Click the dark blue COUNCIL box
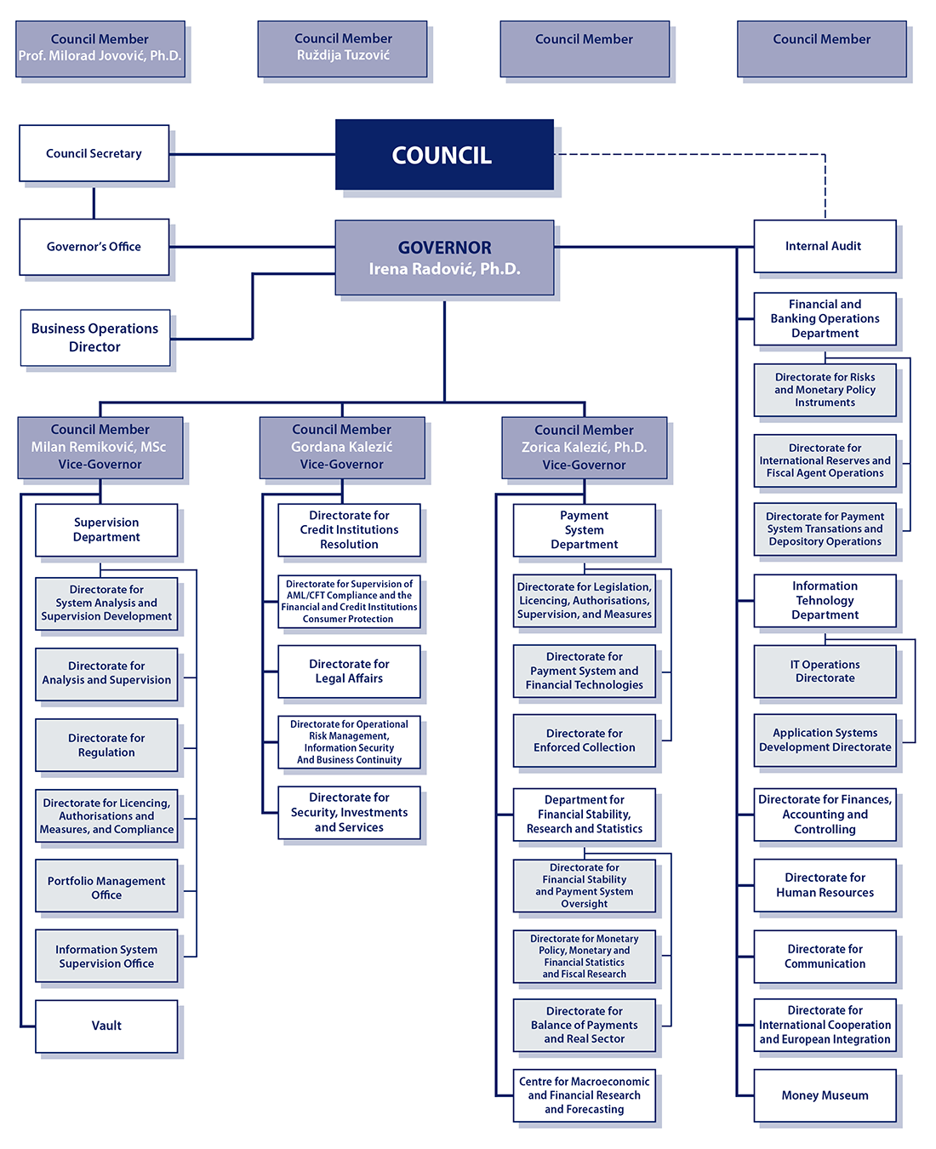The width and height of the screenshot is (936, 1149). pos(444,155)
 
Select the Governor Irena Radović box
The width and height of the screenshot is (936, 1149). pos(444,258)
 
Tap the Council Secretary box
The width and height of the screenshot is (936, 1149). pos(94,153)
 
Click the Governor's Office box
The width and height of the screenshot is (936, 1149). pos(94,247)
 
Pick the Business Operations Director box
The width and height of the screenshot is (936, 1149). pos(94,338)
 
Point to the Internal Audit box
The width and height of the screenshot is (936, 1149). pos(824,246)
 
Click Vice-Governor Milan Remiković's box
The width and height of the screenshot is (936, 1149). pos(100,447)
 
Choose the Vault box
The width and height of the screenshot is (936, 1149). pos(106,1026)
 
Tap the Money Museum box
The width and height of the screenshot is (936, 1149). pos(825,1095)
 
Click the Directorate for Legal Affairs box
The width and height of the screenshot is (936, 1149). pos(349,672)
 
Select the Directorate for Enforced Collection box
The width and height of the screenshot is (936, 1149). pos(584,740)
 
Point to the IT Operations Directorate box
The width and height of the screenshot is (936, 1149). pos(825,672)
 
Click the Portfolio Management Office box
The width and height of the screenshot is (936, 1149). pos(106,888)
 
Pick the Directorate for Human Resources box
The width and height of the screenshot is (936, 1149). pos(825,885)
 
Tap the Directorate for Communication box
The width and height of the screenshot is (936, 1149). pos(825,957)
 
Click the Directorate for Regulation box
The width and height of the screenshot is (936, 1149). pos(106,746)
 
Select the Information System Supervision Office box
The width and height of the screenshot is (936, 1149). pos(106,957)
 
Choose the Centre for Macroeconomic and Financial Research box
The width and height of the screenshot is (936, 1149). pos(584,1095)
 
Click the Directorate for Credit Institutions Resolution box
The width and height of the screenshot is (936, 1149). pos(349,529)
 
